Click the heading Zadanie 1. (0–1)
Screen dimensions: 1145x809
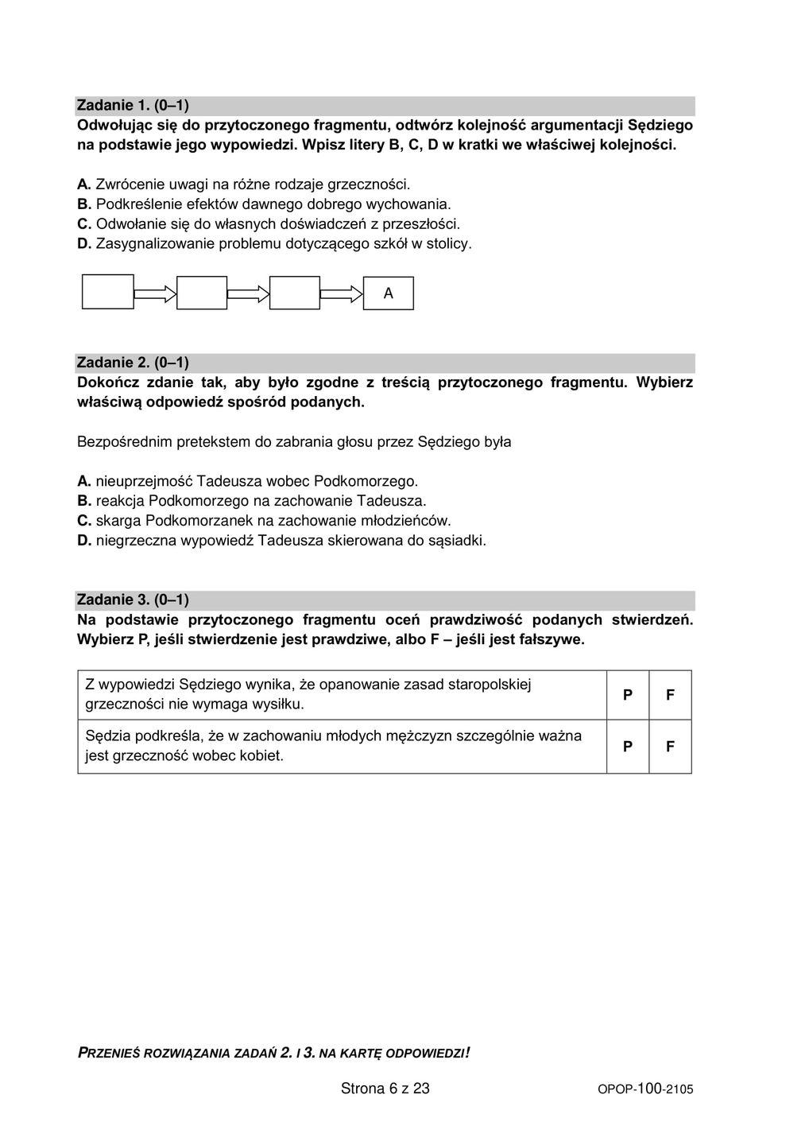pyautogui.click(x=133, y=106)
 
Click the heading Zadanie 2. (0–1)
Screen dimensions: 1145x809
pyautogui.click(x=133, y=363)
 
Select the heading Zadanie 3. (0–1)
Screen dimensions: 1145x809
pyautogui.click(x=133, y=600)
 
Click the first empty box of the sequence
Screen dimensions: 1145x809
pyautogui.click(x=108, y=292)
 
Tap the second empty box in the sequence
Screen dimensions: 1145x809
pyautogui.click(x=202, y=293)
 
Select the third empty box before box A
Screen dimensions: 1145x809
pyautogui.click(x=295, y=293)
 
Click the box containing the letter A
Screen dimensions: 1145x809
pyautogui.click(x=389, y=293)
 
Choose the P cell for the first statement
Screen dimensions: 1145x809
pyautogui.click(x=628, y=695)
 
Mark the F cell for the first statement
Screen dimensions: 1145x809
pyautogui.click(x=670, y=695)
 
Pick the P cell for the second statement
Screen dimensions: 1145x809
pyautogui.click(x=628, y=747)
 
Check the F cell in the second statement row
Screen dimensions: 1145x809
pyautogui.click(x=670, y=747)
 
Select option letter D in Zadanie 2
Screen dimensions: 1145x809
pyautogui.click(x=83, y=541)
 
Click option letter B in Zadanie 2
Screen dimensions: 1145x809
pyautogui.click(x=83, y=502)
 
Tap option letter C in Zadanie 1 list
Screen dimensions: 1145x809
pyautogui.click(x=83, y=224)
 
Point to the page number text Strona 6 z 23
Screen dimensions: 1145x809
pyautogui.click(x=385, y=1089)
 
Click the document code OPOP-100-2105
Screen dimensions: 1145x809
pyautogui.click(x=645, y=1089)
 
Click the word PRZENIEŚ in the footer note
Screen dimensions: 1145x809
pyautogui.click(x=108, y=1054)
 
